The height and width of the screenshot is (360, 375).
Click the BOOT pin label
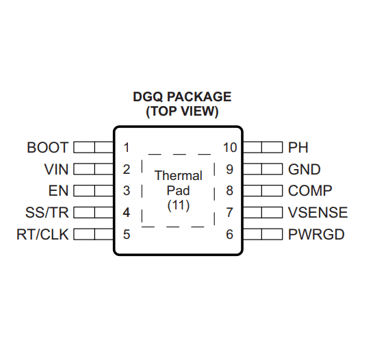click(48, 147)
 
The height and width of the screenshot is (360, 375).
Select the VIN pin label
click(56, 169)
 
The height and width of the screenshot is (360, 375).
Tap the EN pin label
click(58, 191)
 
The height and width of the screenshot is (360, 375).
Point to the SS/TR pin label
click(47, 212)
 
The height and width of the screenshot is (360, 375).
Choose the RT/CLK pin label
click(42, 234)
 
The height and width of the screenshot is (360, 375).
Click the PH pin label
click(298, 147)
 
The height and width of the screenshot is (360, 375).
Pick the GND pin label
click(305, 169)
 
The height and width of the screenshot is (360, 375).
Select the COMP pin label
click(310, 191)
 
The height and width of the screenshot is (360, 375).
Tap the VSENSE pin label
click(318, 212)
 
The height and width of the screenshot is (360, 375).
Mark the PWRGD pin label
click(316, 234)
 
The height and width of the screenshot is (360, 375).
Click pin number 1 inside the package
click(127, 147)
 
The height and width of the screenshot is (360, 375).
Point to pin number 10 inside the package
click(230, 147)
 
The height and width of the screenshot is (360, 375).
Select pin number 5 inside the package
click(127, 235)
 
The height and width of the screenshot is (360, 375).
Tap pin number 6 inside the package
click(230, 235)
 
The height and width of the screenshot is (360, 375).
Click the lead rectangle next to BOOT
click(94, 147)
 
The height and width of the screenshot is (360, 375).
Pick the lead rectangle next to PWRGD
click(263, 234)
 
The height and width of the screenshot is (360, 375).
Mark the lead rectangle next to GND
click(263, 169)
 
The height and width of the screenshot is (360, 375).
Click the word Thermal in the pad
click(179, 175)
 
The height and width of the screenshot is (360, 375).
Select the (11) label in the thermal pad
click(179, 205)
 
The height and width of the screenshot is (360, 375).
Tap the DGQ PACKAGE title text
click(182, 97)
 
